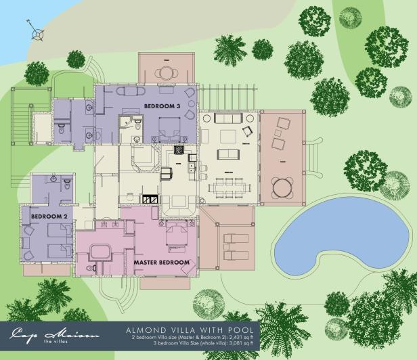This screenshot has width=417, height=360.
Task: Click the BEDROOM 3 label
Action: pyautogui.click(x=162, y=107)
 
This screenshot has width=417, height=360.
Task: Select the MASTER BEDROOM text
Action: pyautogui.click(x=160, y=262)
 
